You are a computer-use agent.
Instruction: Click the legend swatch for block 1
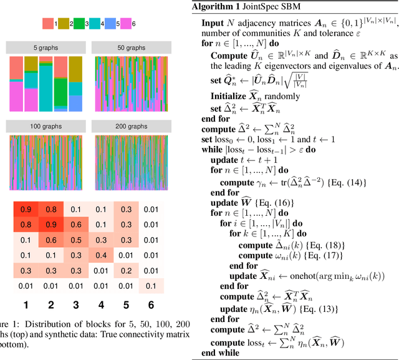click(47, 24)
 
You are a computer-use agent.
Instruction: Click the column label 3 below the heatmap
click(75, 305)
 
